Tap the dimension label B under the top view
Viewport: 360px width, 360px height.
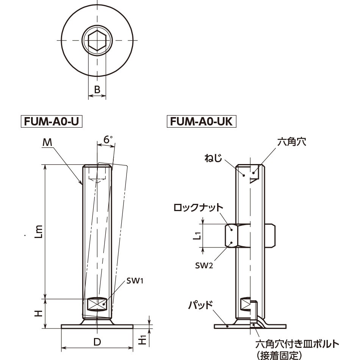pos(97,90)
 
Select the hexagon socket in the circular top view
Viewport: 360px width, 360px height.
pos(97,41)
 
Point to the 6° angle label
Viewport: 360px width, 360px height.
pos(108,140)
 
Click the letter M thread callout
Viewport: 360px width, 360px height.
pos(47,142)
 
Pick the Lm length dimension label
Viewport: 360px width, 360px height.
pos(39,230)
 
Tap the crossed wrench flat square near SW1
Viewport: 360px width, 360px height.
pos(97,304)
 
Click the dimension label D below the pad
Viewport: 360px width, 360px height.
pos(97,342)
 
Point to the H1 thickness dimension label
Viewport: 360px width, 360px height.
pos(142,340)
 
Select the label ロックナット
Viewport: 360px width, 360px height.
pos(198,208)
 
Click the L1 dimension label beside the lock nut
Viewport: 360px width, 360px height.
pos(196,236)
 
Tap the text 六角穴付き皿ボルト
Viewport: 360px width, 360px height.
pos(297,344)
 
